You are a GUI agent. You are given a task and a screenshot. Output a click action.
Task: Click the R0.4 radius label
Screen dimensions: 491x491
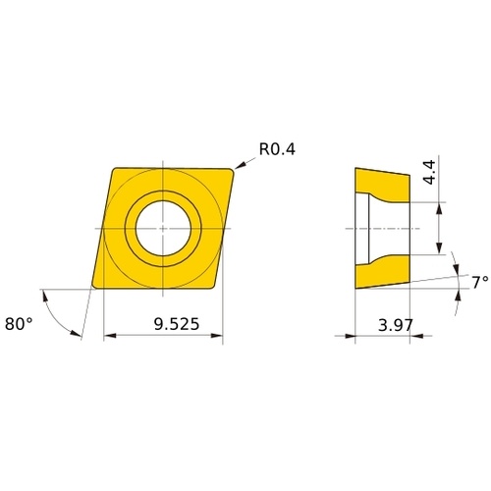[277, 149]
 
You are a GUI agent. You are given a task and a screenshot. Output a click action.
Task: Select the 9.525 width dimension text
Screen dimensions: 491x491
[177, 324]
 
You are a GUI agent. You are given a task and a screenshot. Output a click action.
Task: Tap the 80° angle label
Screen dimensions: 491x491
[19, 324]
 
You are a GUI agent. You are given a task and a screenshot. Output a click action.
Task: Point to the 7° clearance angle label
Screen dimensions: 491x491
[480, 282]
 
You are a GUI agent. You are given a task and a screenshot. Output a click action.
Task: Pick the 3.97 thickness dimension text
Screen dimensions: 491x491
[396, 325]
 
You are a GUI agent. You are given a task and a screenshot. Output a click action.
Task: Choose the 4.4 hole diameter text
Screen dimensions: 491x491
[429, 172]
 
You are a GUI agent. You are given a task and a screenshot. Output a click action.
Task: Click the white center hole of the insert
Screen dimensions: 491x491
[163, 228]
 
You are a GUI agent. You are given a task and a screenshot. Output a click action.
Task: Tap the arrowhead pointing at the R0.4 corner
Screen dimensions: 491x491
[240, 166]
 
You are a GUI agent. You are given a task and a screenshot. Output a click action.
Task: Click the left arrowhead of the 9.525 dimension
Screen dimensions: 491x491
[110, 335]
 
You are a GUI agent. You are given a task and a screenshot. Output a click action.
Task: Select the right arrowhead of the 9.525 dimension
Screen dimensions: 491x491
[216, 335]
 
